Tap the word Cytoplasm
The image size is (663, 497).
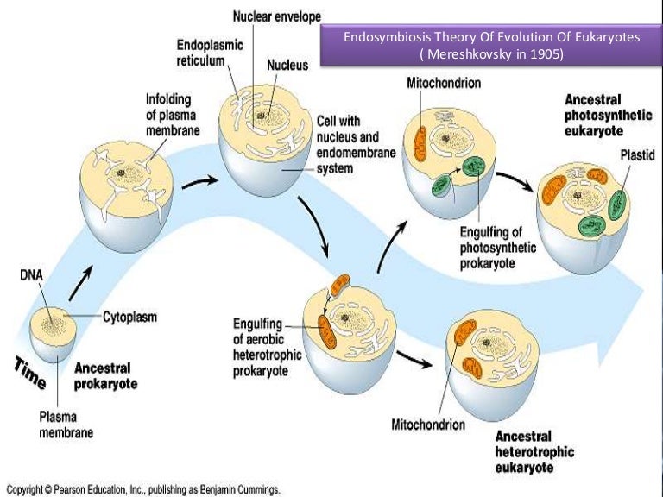(x=131, y=317)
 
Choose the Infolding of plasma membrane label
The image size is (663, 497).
(x=173, y=115)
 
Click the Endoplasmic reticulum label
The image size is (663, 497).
(x=211, y=53)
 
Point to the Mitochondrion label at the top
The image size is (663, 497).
(x=442, y=83)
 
